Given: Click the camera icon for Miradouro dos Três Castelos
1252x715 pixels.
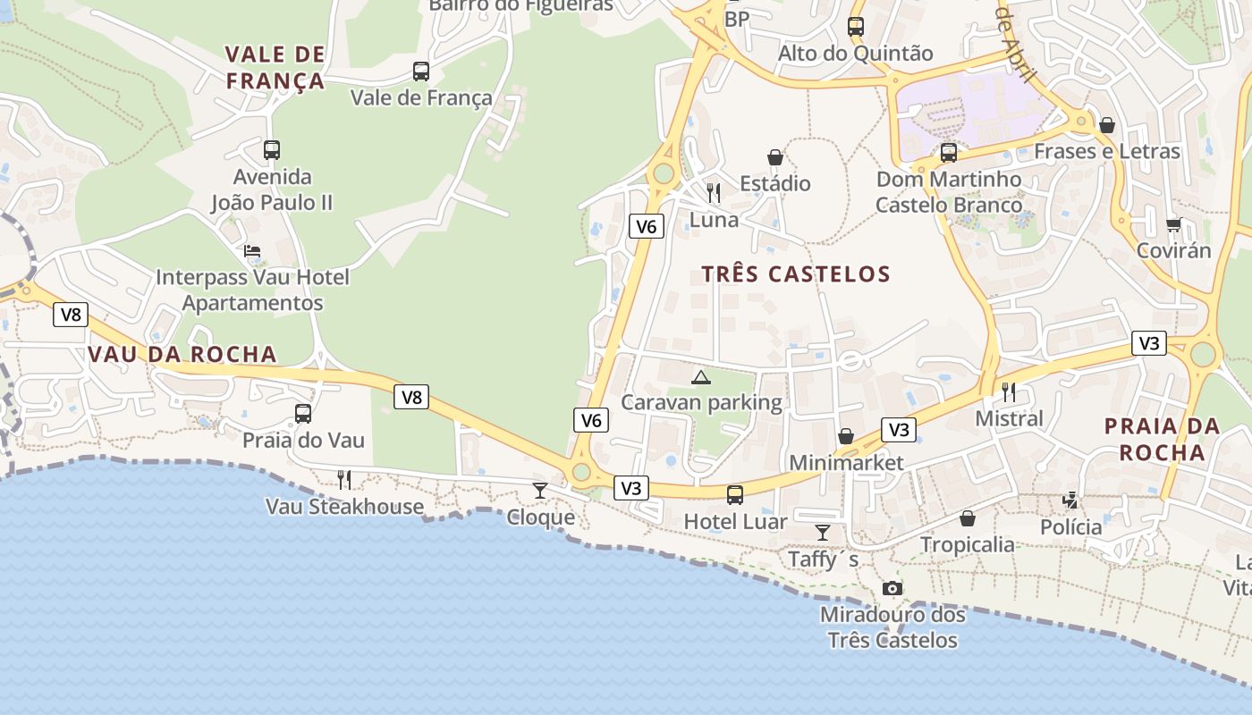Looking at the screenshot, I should tap(892, 588).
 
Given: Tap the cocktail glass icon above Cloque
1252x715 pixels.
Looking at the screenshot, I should tap(540, 490).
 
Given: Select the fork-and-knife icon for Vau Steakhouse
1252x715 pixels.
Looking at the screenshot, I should tap(343, 480).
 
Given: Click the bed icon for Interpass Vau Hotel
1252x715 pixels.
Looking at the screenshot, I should tap(253, 251).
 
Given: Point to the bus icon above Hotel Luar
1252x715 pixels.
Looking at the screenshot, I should tap(735, 495).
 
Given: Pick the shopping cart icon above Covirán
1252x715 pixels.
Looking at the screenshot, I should tap(1173, 224).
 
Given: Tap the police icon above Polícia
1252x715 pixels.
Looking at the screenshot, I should tap(1070, 500).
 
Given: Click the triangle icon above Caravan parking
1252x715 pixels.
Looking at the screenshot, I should tap(700, 377).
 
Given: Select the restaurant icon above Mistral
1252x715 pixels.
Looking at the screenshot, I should tap(1009, 391).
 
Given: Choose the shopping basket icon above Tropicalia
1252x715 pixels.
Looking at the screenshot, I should tap(968, 518).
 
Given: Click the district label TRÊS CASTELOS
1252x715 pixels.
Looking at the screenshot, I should tap(796, 274).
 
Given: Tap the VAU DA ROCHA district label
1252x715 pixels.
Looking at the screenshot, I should tap(182, 355).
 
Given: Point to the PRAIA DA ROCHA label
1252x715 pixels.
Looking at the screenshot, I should tap(1163, 439).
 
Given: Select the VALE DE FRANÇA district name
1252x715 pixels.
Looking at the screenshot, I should tap(275, 68).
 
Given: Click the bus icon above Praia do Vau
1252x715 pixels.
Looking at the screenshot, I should tap(303, 414).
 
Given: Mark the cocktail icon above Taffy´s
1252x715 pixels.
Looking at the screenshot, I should tap(823, 533).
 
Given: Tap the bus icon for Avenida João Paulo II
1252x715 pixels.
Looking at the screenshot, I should tap(272, 150).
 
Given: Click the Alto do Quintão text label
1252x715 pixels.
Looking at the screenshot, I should tap(855, 54).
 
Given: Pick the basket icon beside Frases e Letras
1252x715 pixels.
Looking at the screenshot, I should tap(1107, 125).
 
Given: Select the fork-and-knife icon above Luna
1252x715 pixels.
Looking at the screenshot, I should tap(714, 192).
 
